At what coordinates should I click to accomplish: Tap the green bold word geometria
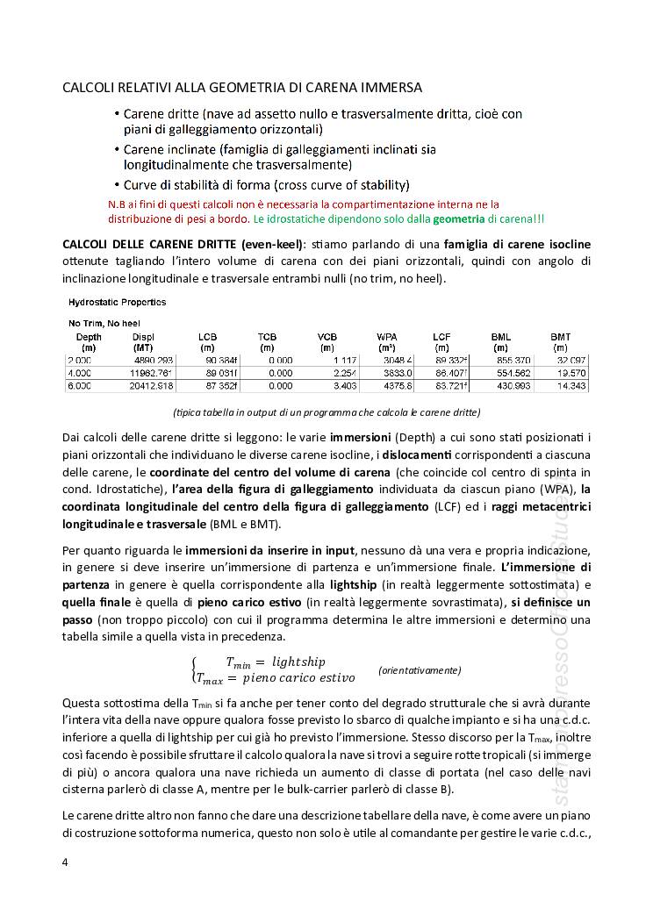point(458,218)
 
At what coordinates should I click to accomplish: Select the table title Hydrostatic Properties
point(117,302)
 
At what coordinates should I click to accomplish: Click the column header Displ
point(143,337)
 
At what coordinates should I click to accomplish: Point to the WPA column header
point(387,337)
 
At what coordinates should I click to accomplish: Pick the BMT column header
point(560,337)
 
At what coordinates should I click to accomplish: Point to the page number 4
point(65,862)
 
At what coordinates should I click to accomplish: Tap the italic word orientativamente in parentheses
point(420,669)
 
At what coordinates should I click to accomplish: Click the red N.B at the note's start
point(115,204)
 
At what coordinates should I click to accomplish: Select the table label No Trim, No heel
point(104,323)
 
